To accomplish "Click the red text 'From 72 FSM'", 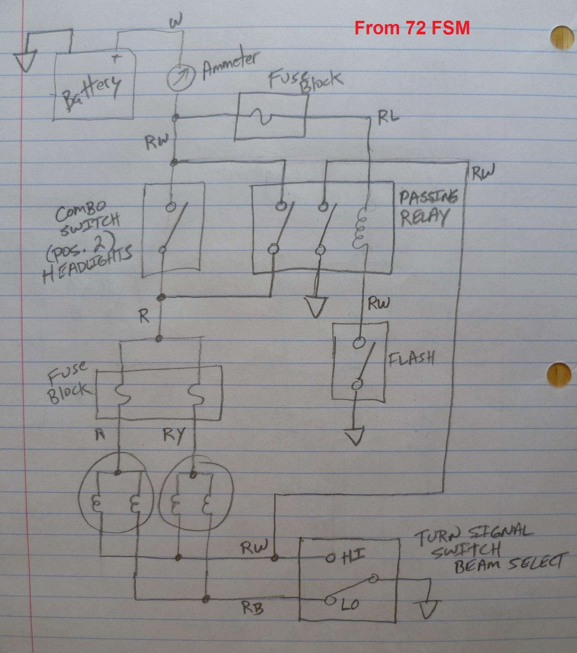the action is coord(412,28).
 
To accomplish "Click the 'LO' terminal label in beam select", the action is coord(350,604).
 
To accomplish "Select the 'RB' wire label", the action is coord(253,608).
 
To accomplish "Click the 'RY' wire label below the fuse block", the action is coord(174,437).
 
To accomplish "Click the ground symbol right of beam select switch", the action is coord(429,607).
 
